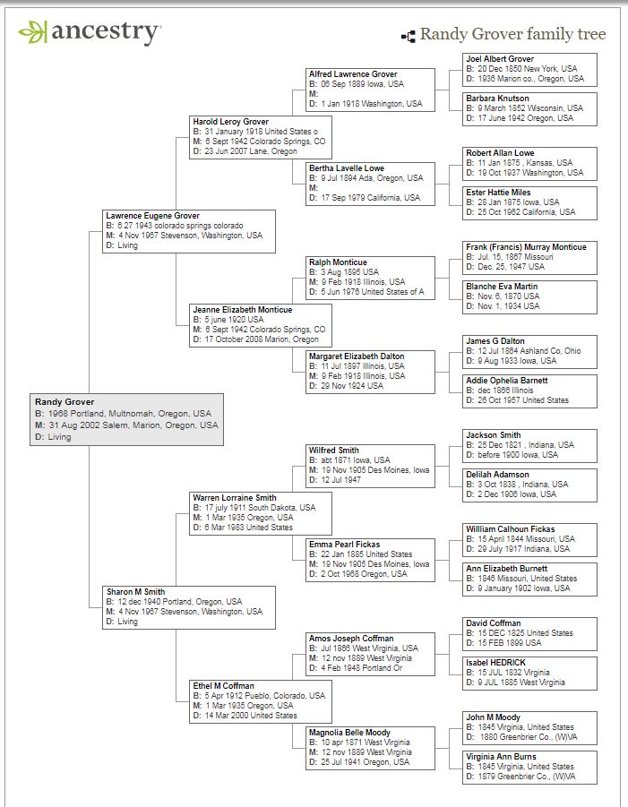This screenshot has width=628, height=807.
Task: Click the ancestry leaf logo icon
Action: pyautogui.click(x=32, y=33)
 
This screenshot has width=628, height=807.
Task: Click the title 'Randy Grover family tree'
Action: pyautogui.click(x=512, y=35)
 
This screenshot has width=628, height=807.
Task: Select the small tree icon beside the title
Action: pyautogui.click(x=408, y=37)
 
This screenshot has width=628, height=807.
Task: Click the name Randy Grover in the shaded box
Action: pyautogui.click(x=65, y=402)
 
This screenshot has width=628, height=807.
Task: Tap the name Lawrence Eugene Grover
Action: pyautogui.click(x=152, y=216)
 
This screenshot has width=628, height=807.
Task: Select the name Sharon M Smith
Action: pyautogui.click(x=135, y=591)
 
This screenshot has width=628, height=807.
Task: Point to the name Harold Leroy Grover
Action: pyautogui.click(x=230, y=122)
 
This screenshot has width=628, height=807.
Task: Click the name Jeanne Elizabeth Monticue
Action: pyautogui.click(x=242, y=310)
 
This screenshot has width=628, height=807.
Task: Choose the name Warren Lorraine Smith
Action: pyautogui.click(x=235, y=497)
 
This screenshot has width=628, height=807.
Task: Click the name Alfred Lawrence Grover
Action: pyautogui.click(x=353, y=74)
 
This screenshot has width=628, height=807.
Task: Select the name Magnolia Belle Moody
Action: pyautogui.click(x=350, y=733)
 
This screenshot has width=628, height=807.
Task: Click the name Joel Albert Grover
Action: pyautogui.click(x=500, y=59)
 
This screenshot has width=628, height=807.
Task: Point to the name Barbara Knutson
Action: pyautogui.click(x=497, y=99)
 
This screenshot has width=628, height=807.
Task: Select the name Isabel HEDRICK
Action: pyautogui.click(x=495, y=663)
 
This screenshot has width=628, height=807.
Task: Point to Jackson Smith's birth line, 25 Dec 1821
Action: pyautogui.click(x=520, y=445)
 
